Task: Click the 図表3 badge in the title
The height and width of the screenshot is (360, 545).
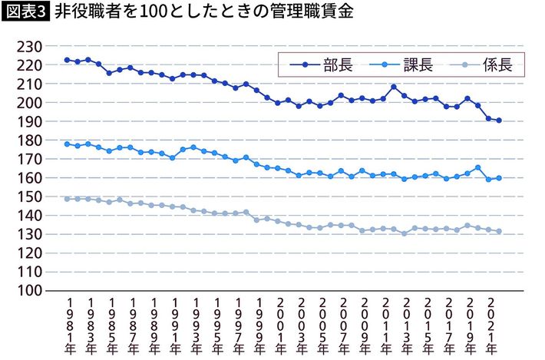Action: [26, 14]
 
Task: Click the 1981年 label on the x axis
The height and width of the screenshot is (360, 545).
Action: [68, 326]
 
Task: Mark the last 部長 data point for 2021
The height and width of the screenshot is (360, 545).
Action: [499, 121]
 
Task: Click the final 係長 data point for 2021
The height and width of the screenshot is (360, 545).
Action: [499, 232]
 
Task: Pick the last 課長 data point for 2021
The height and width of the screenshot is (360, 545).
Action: [499, 178]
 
